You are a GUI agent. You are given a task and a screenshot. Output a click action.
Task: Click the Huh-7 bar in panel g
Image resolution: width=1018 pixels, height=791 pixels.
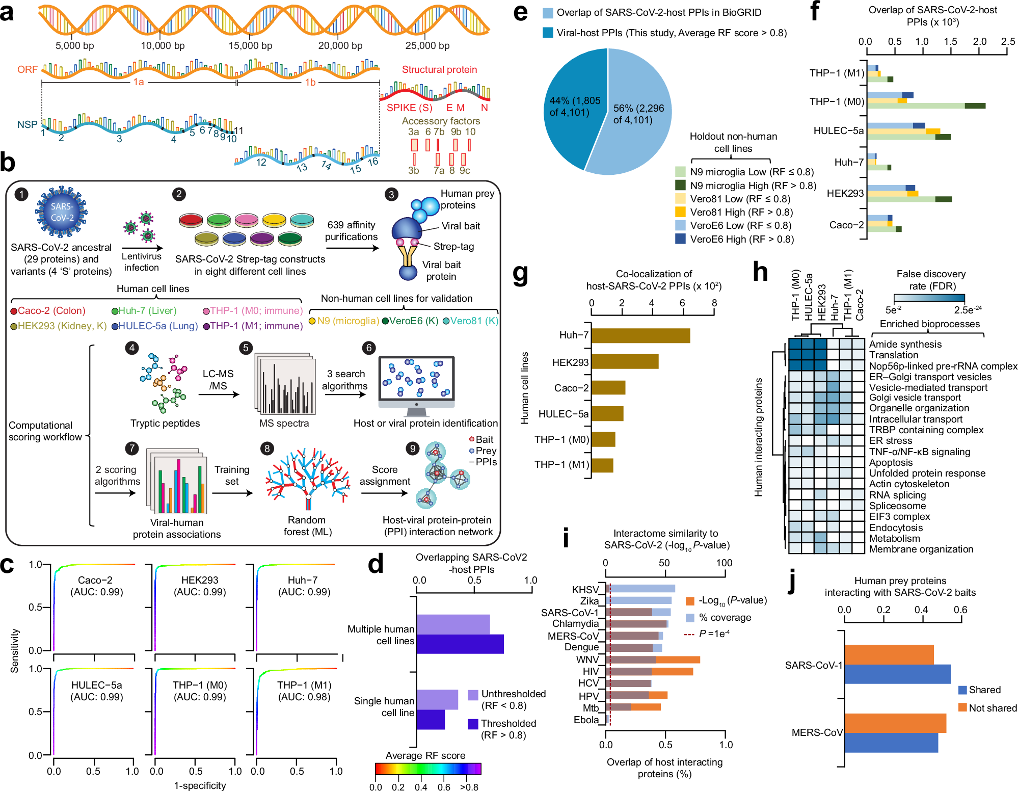(640, 335)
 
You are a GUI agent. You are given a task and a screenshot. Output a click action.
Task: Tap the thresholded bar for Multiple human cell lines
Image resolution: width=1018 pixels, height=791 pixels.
(460, 644)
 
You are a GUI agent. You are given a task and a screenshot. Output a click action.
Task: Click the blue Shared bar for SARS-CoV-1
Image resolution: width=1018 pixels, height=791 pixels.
(897, 674)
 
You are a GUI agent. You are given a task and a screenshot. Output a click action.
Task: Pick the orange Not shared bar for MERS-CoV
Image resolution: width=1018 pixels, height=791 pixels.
(895, 723)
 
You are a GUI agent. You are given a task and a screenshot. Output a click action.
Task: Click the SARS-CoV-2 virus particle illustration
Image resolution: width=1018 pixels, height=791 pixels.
(61, 212)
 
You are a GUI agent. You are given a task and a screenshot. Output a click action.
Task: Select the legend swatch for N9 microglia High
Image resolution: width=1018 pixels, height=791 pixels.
(680, 186)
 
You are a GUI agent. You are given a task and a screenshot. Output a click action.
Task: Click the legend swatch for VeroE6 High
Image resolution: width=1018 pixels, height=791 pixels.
(680, 239)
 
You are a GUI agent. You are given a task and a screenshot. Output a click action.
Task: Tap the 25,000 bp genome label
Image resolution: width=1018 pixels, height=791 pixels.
(427, 46)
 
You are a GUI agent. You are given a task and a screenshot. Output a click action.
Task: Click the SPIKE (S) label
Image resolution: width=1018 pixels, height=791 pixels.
(409, 108)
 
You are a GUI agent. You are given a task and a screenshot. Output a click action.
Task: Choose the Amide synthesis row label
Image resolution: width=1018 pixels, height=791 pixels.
(905, 345)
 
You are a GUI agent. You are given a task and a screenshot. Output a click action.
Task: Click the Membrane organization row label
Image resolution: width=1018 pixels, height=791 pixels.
(921, 549)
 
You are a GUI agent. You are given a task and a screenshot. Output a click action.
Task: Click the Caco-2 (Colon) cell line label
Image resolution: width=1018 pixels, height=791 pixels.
(51, 311)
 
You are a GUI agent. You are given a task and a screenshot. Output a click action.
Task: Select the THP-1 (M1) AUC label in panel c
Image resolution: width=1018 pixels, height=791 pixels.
(304, 691)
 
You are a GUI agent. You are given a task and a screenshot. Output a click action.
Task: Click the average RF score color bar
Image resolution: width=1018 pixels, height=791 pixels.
(428, 769)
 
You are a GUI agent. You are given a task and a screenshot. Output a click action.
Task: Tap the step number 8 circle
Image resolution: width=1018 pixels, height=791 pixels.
(266, 449)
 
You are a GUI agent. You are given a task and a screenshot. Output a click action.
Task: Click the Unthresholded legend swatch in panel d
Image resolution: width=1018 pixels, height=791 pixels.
(473, 695)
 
